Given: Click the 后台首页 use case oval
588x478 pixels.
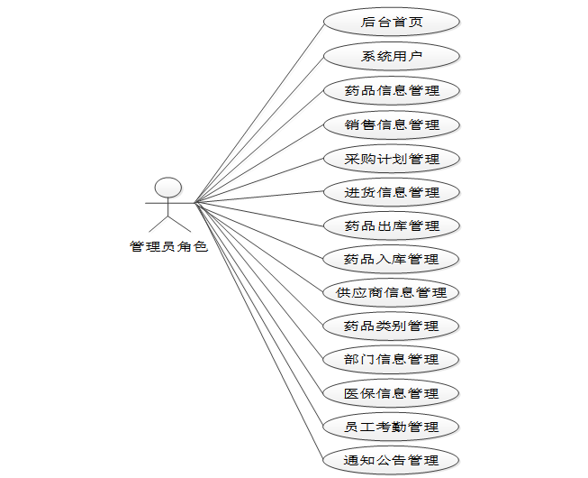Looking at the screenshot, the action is [392, 23].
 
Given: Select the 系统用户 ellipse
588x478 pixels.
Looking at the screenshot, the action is [392, 56].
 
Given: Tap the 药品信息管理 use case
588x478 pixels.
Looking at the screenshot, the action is [392, 90].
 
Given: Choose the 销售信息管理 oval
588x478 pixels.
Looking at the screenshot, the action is [392, 124].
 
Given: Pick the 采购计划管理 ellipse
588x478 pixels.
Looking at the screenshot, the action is [392, 158].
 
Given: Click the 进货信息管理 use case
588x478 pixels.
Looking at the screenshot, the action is [392, 191].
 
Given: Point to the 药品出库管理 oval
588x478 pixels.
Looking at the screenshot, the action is [392, 225].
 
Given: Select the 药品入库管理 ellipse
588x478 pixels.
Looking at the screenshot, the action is [392, 259].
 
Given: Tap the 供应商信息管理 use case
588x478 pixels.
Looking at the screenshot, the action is [392, 292].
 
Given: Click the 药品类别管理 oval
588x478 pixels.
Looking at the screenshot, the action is [392, 326].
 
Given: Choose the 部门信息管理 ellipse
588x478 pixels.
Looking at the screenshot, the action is [392, 359].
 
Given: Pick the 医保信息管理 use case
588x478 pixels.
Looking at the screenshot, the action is [392, 393].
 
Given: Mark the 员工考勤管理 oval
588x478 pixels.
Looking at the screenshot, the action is [392, 427].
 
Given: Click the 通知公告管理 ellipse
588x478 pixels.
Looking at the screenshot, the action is [392, 460].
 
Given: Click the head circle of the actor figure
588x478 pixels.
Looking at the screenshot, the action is [168, 188].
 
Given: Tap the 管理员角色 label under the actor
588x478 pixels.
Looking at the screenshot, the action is [168, 246].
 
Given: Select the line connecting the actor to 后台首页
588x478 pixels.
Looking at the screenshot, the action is [259, 112].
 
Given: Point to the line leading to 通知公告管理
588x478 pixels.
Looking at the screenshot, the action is [259, 331].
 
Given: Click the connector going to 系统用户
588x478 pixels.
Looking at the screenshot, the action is [259, 129].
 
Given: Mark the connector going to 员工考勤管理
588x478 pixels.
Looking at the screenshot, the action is [259, 314].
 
